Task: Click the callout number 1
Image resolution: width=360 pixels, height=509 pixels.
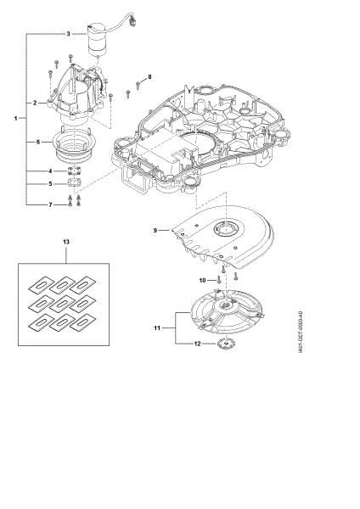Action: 15,119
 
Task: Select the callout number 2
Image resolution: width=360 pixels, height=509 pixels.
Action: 35,103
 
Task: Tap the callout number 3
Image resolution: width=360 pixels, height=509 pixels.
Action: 68,33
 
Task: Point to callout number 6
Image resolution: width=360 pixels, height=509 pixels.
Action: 38,142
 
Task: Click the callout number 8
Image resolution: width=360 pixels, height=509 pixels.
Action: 149,77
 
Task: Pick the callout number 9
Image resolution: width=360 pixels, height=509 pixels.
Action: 155,230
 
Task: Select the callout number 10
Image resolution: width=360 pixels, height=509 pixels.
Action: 202,280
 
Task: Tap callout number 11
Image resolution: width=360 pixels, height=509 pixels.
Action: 157,328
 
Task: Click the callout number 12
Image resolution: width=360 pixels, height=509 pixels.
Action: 198,344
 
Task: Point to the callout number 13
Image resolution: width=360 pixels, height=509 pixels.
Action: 66,242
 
